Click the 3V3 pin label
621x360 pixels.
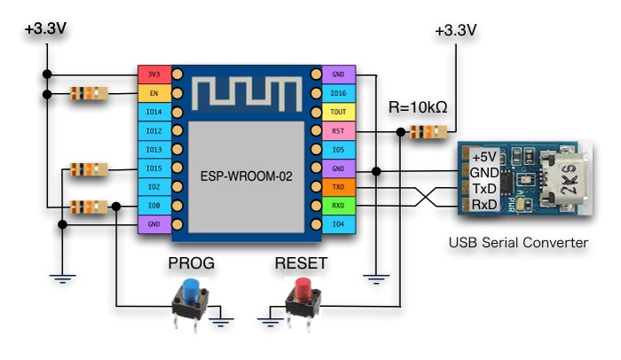click(x=153, y=74)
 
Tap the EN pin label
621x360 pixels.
click(x=153, y=92)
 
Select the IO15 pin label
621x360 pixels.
click(x=153, y=168)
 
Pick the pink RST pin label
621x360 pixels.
click(x=337, y=131)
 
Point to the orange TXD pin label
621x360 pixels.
click(x=337, y=188)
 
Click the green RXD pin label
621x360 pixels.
click(x=337, y=207)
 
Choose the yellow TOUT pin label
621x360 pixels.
click(x=337, y=112)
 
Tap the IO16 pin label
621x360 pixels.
click(x=337, y=92)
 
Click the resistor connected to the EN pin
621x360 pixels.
click(x=88, y=92)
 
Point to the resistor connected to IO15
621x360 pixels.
click(x=88, y=168)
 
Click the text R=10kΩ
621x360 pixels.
click(x=417, y=108)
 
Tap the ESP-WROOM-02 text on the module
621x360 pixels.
click(x=248, y=175)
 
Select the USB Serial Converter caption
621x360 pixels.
click(x=518, y=241)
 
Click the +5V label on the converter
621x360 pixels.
click(x=484, y=156)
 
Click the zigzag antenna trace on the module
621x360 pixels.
click(x=248, y=92)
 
